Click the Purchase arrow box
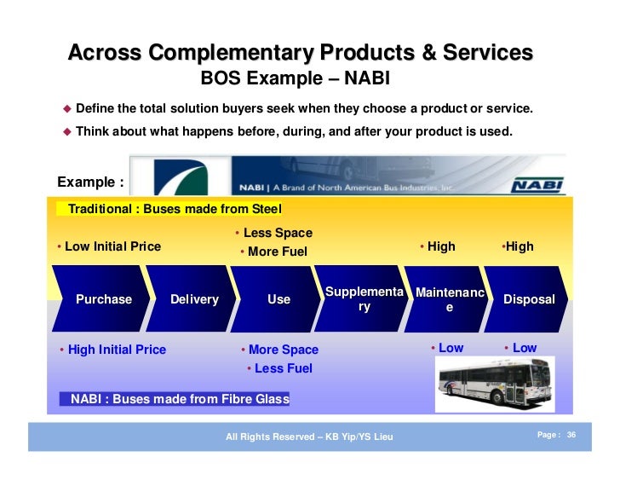(103, 299)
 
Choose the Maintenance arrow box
(449, 299)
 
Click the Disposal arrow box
(528, 299)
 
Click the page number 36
(571, 435)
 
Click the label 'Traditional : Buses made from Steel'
(174, 209)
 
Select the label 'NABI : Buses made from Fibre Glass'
(180, 398)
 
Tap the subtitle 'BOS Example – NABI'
(294, 80)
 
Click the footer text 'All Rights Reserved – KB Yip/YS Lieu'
(309, 437)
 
